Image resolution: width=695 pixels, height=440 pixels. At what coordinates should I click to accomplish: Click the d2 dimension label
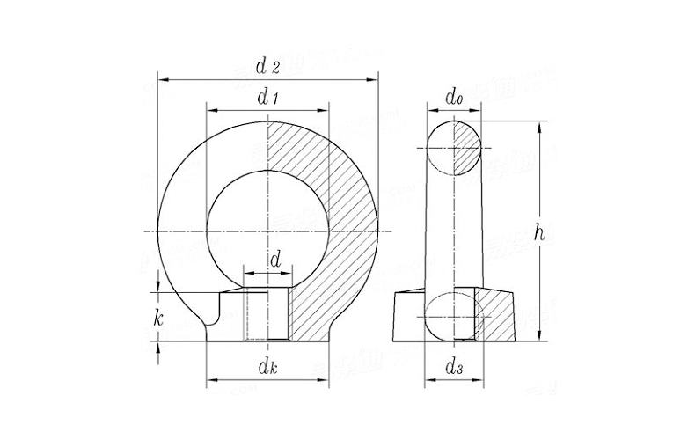267,65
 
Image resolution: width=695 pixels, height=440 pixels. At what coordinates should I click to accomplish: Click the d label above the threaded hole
275,260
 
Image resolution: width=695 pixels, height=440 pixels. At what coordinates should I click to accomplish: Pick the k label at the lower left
158,319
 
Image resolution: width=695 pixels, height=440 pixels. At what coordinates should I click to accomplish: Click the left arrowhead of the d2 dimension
163,79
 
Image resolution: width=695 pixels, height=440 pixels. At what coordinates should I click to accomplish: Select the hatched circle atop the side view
455,147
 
